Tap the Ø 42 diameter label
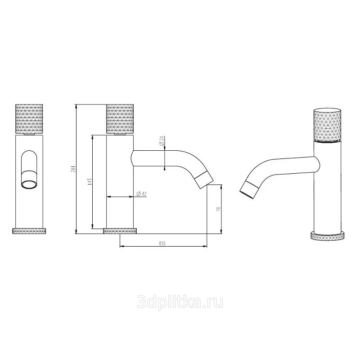(141, 194)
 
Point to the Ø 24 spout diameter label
(162, 141)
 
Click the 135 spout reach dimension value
(162, 243)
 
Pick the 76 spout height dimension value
(218, 209)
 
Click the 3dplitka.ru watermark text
(180, 302)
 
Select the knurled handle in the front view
(29, 119)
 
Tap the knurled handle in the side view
(120, 119)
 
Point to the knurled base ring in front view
(29, 231)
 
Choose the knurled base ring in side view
(120, 231)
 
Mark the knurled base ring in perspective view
(328, 236)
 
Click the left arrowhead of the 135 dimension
(122, 247)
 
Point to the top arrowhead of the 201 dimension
(76, 106)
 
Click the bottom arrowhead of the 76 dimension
(221, 232)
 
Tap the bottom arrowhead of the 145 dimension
(93, 227)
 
